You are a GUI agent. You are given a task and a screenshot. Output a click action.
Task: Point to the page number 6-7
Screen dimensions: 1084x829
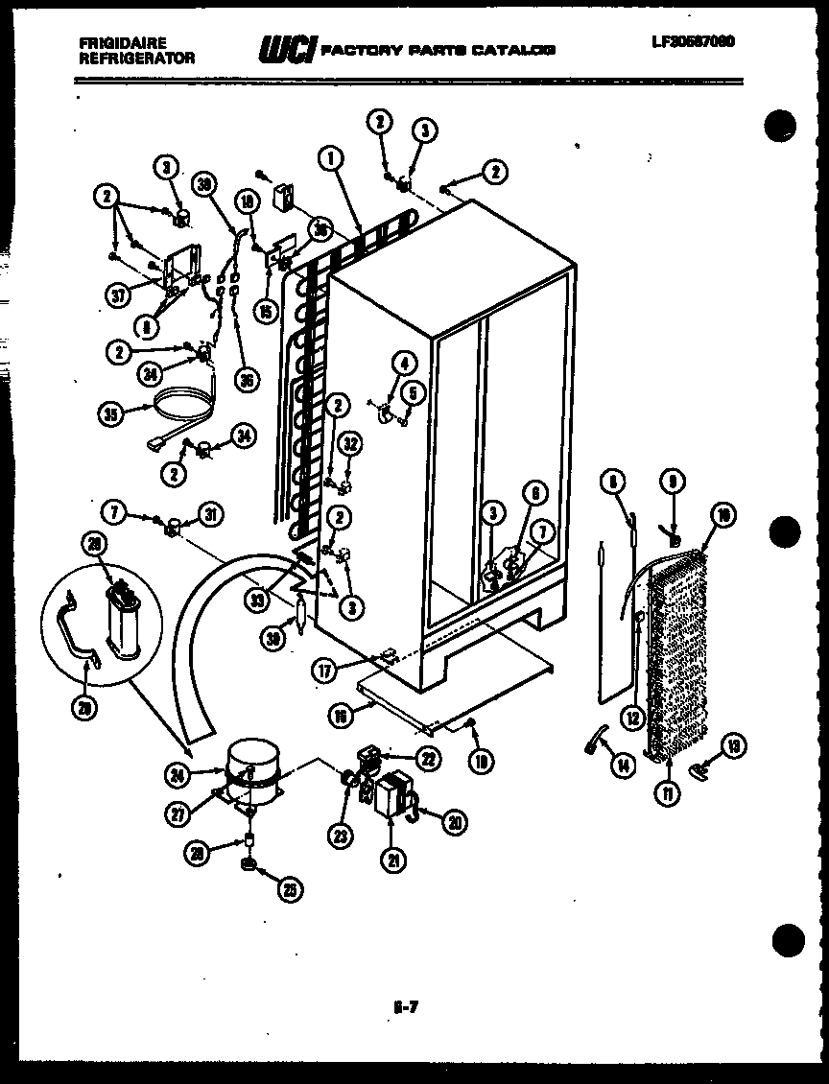coord(407,1007)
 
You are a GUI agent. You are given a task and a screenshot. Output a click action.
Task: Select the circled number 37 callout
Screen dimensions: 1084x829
coord(118,295)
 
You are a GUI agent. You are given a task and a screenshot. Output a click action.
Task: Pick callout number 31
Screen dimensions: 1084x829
coord(209,514)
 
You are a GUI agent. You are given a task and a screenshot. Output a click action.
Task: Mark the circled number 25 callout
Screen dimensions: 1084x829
coord(289,889)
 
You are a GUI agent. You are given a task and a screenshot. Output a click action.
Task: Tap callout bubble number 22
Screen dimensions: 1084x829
coord(429,759)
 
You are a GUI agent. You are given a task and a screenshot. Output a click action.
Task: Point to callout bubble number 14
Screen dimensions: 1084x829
coord(624,765)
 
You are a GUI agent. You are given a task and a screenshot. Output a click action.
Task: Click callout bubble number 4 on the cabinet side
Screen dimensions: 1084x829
coord(404,363)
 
